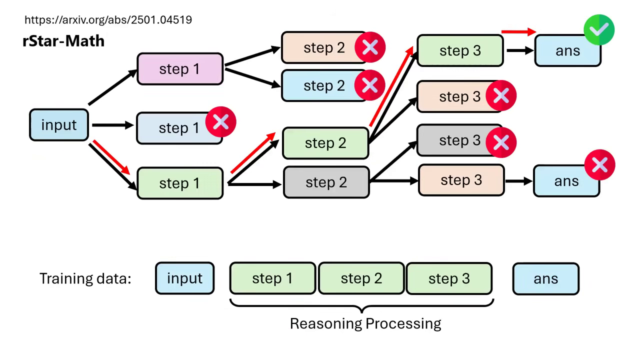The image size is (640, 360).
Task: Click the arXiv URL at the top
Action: [x=108, y=20]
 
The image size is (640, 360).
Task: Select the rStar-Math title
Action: [x=63, y=40]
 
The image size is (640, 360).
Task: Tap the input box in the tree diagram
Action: [x=59, y=125]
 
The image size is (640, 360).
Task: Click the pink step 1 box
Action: [x=179, y=69]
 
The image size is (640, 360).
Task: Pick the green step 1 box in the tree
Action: [x=179, y=183]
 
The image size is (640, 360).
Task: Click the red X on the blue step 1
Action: [x=220, y=121]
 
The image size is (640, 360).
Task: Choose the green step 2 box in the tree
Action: [x=325, y=143]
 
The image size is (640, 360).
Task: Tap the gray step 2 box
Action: [x=326, y=182]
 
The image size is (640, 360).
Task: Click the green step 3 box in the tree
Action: [x=459, y=50]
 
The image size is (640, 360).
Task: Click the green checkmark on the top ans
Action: [x=599, y=30]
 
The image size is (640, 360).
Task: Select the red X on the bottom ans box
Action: [x=599, y=165]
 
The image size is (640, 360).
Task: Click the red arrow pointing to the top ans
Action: [x=518, y=32]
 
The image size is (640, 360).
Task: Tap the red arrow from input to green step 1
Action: [x=111, y=157]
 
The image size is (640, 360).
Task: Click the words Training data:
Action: [x=85, y=278]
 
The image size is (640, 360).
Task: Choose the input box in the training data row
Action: [x=184, y=278]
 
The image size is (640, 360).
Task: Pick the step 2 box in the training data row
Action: [x=361, y=278]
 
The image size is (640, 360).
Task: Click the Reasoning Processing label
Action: [x=365, y=323]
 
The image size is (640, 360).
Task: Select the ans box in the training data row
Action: [x=545, y=278]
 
